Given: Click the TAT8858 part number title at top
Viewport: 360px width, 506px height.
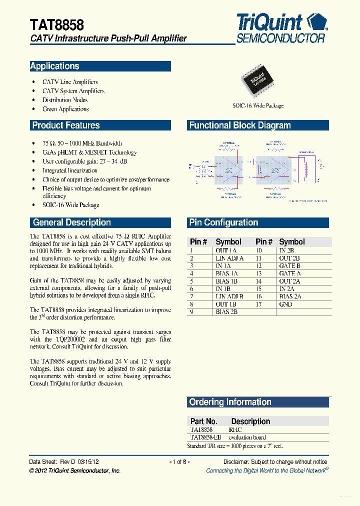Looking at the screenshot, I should click(57, 25).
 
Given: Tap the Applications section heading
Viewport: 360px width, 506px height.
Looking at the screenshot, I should click(55, 66).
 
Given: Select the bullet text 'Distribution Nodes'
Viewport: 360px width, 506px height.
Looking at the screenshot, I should click(65, 100).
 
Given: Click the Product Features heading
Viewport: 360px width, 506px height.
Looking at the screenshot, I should click(66, 125).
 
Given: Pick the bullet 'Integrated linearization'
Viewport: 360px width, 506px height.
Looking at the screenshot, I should click(70, 170).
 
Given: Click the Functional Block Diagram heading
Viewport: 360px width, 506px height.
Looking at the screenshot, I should click(240, 125).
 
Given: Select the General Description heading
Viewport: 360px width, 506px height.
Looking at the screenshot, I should click(71, 222).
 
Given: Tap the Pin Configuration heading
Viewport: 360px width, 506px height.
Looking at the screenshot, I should click(223, 222).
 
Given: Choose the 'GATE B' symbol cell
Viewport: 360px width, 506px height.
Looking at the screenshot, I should click(290, 266).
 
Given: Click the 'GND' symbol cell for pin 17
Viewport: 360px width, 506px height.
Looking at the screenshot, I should click(286, 304).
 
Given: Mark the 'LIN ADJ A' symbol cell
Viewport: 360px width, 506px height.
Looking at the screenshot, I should click(229, 258).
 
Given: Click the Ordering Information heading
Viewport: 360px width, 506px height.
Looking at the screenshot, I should click(230, 402).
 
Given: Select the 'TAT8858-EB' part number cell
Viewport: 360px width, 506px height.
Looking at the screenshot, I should click(205, 437).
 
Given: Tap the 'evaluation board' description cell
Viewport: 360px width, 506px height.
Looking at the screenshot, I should click(247, 437).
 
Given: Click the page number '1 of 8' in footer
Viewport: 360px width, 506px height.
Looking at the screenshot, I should click(179, 462).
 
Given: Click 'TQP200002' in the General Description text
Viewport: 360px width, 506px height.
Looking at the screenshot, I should click(71, 339).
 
